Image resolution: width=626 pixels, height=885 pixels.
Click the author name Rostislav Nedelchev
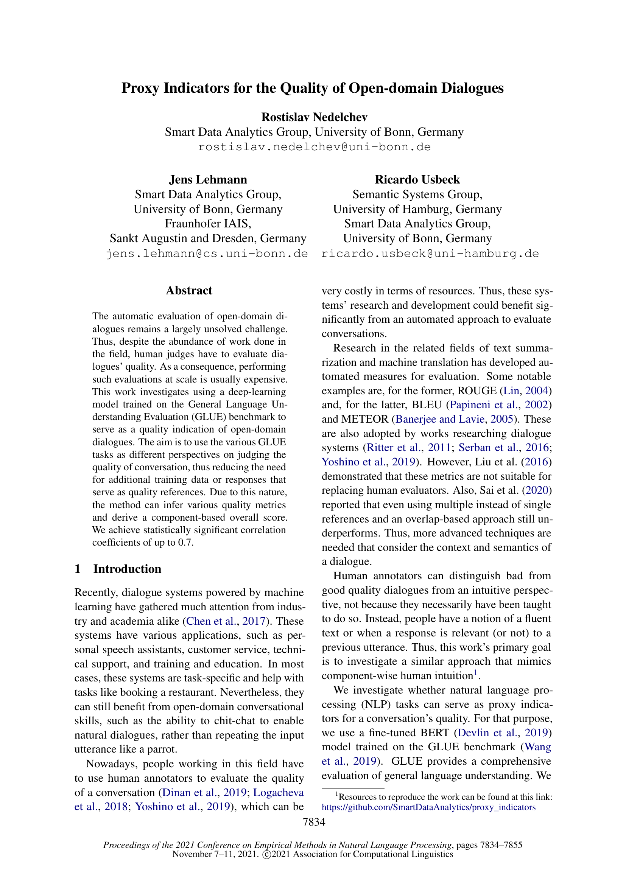pos(314,117)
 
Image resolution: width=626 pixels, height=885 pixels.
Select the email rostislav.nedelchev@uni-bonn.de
pos(314,147)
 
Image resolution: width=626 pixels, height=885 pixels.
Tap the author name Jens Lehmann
pos(208,180)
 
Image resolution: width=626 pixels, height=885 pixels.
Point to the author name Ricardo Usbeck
pos(417,180)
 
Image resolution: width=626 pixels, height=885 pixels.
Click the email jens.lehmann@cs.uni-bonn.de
pos(207,254)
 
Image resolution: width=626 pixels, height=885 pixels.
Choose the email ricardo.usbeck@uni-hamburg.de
pos(430,254)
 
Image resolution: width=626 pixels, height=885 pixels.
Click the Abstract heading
pos(189,290)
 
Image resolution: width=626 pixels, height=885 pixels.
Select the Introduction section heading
pos(127,569)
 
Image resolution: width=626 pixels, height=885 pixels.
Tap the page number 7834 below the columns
pos(314,822)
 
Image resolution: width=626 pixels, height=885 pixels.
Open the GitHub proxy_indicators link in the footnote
pos(428,807)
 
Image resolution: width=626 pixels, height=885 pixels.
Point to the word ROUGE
pos(476,390)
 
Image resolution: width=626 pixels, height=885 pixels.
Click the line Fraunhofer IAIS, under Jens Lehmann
pos(208,224)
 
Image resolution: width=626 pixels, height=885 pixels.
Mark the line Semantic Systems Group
pos(417,194)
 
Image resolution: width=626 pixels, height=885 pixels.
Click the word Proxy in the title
pos(140,88)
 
